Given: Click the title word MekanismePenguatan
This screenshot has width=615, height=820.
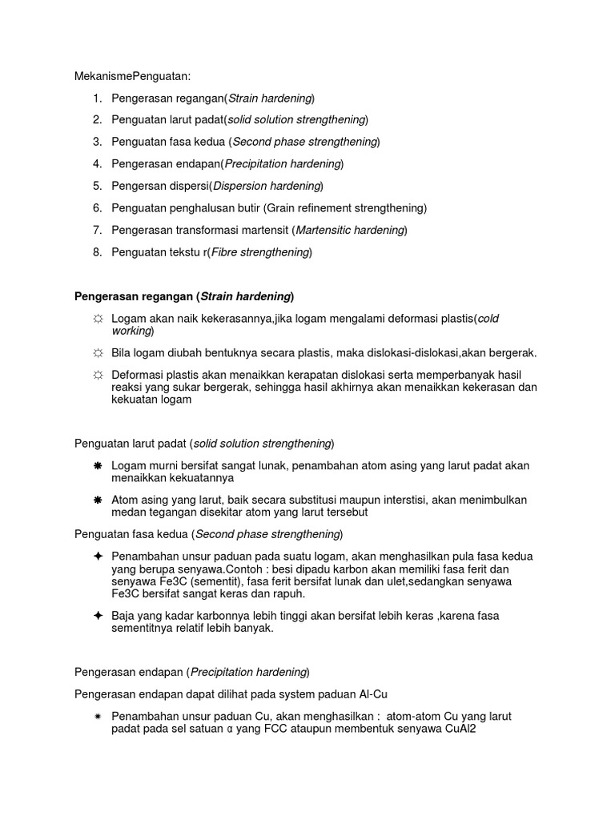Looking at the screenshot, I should click(x=133, y=76).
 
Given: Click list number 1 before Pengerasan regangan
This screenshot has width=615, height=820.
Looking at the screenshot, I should click(x=97, y=98).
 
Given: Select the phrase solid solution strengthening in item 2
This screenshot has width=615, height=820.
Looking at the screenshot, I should click(x=296, y=120).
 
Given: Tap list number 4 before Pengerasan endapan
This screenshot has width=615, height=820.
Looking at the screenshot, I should click(x=97, y=164).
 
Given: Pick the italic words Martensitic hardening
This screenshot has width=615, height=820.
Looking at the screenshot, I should click(x=349, y=231).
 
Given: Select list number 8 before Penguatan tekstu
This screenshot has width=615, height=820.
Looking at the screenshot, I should click(x=97, y=252).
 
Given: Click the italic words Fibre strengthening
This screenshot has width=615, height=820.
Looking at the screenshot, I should click(x=259, y=252).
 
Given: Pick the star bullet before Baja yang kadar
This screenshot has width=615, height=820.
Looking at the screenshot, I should click(x=98, y=615).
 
